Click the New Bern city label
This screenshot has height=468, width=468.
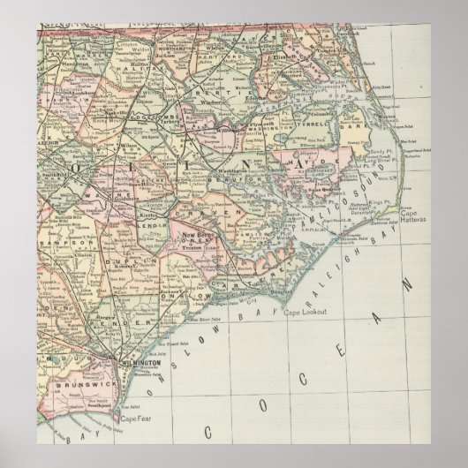pos(195,234)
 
